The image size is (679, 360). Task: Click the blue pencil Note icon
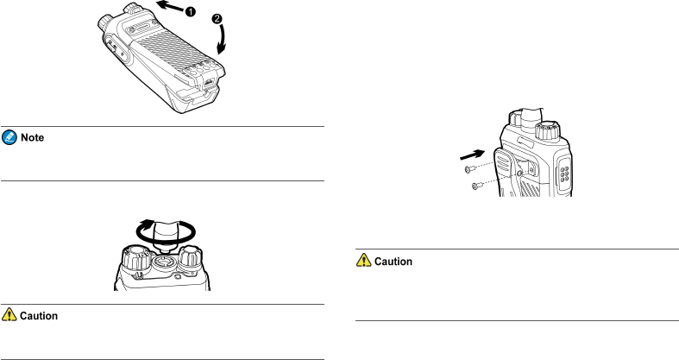9,138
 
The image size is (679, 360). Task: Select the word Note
31,138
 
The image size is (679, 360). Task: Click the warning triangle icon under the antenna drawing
9,316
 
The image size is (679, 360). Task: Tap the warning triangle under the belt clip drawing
363,262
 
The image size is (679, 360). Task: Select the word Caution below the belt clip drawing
393,262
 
